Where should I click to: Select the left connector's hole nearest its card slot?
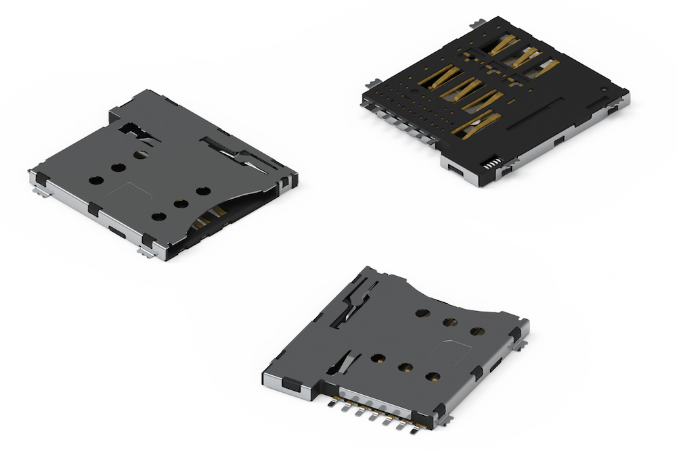pyautogui.click(x=158, y=217)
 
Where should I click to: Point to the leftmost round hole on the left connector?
pyautogui.click(x=96, y=181)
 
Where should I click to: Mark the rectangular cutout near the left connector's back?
pyautogui.click(x=135, y=129)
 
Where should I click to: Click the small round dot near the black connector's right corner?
pyautogui.click(x=604, y=89)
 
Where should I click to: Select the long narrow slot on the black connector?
pyautogui.click(x=536, y=115)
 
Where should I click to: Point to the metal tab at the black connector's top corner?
pyautogui.click(x=481, y=22)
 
